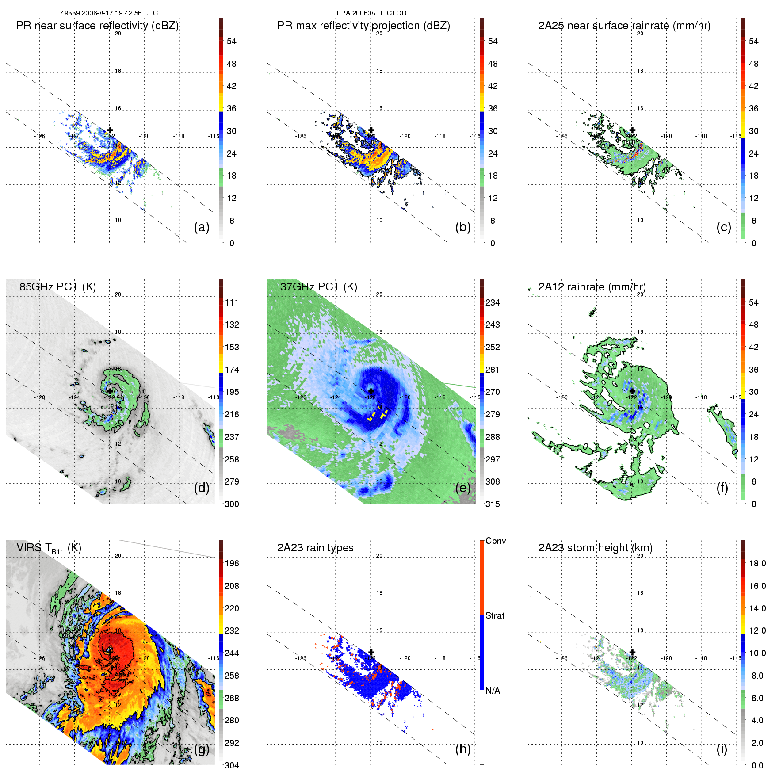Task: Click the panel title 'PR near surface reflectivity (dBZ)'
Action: (97, 26)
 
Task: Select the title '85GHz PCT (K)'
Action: (57, 286)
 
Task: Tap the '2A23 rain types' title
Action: (315, 548)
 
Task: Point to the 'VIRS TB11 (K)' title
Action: (49, 548)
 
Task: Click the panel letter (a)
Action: (201, 227)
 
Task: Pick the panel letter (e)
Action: (462, 488)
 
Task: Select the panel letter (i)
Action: (722, 749)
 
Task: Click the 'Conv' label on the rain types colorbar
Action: (496, 541)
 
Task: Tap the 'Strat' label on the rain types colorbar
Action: (495, 615)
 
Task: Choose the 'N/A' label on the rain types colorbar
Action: (493, 691)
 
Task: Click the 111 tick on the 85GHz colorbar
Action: (232, 302)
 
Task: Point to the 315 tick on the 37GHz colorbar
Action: (493, 504)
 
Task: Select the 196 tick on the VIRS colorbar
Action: (232, 563)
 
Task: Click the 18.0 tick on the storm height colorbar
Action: (757, 563)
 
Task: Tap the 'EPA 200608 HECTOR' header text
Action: (371, 13)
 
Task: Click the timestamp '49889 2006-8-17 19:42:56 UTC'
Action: (109, 13)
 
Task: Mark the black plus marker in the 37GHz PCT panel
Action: (371, 391)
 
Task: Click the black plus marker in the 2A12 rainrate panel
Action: (632, 391)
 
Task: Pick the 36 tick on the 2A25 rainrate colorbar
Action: (753, 108)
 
